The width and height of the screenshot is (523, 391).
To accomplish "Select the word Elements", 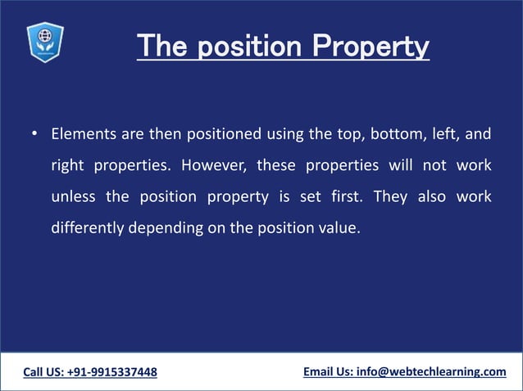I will [83, 133].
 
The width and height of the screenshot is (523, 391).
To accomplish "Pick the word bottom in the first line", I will [393, 133].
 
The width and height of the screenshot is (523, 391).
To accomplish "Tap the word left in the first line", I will [448, 133].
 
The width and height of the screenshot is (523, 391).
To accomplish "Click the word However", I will [212, 165].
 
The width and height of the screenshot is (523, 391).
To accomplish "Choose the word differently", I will [86, 228].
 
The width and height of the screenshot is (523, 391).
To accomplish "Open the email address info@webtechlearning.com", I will [431, 372].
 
